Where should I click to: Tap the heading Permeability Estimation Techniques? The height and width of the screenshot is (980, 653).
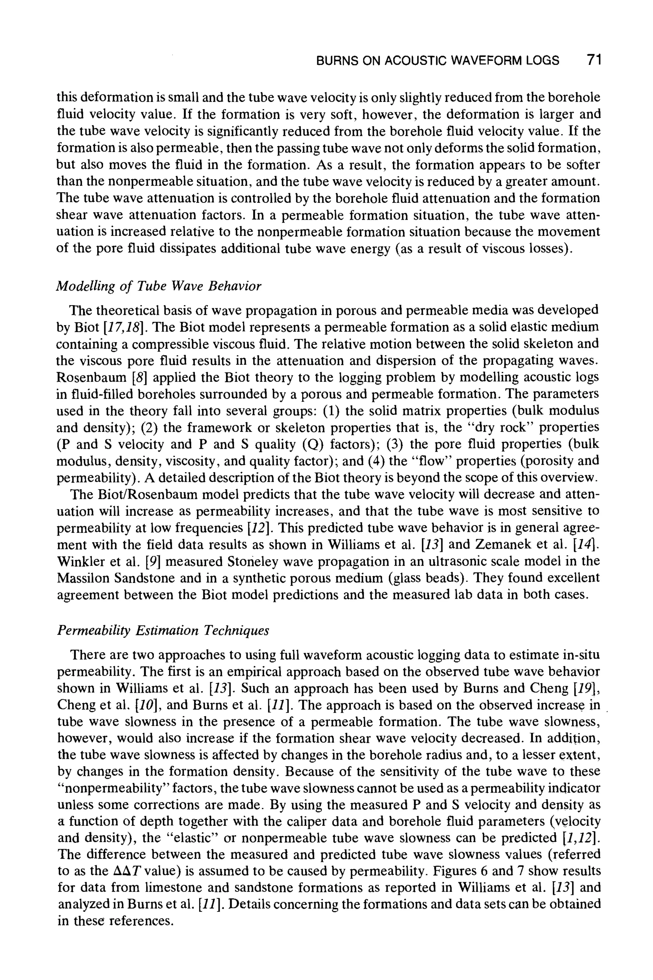click(x=163, y=630)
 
